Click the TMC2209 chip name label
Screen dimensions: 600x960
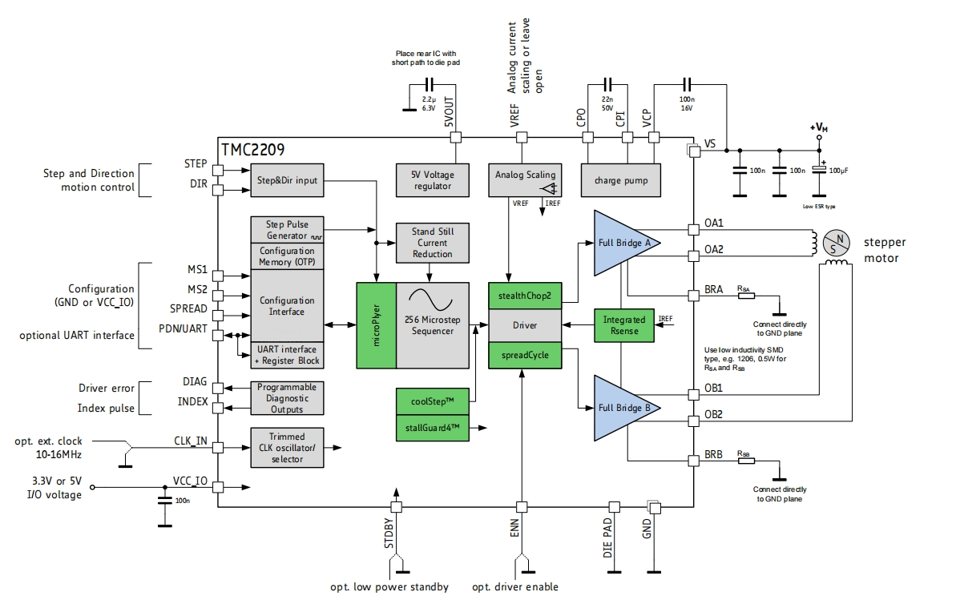252,149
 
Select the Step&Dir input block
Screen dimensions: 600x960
287,180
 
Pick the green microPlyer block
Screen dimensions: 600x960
376,325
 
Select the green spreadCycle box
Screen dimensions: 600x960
525,355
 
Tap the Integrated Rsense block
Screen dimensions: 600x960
623,325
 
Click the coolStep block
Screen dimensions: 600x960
433,401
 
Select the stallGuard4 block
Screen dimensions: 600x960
433,429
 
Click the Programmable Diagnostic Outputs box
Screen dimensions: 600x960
287,398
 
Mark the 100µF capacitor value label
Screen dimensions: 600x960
840,171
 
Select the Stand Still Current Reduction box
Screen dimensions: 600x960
432,243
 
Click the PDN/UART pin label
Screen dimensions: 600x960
184,328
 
